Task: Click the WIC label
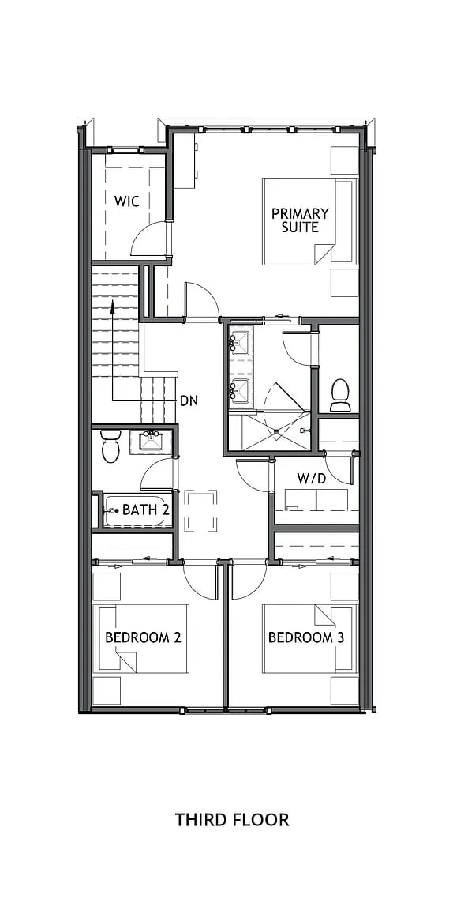click(126, 201)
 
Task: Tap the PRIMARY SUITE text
click(300, 220)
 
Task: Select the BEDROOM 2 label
click(144, 637)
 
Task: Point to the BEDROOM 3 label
click(305, 637)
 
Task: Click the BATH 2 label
click(146, 510)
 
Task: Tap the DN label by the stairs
click(189, 400)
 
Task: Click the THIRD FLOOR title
click(232, 820)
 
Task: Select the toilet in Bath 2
click(110, 448)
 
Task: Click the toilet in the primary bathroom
click(341, 394)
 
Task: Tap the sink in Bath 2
click(151, 441)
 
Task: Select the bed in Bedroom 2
click(142, 638)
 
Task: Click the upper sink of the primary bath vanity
click(239, 343)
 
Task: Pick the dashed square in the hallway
click(200, 510)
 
